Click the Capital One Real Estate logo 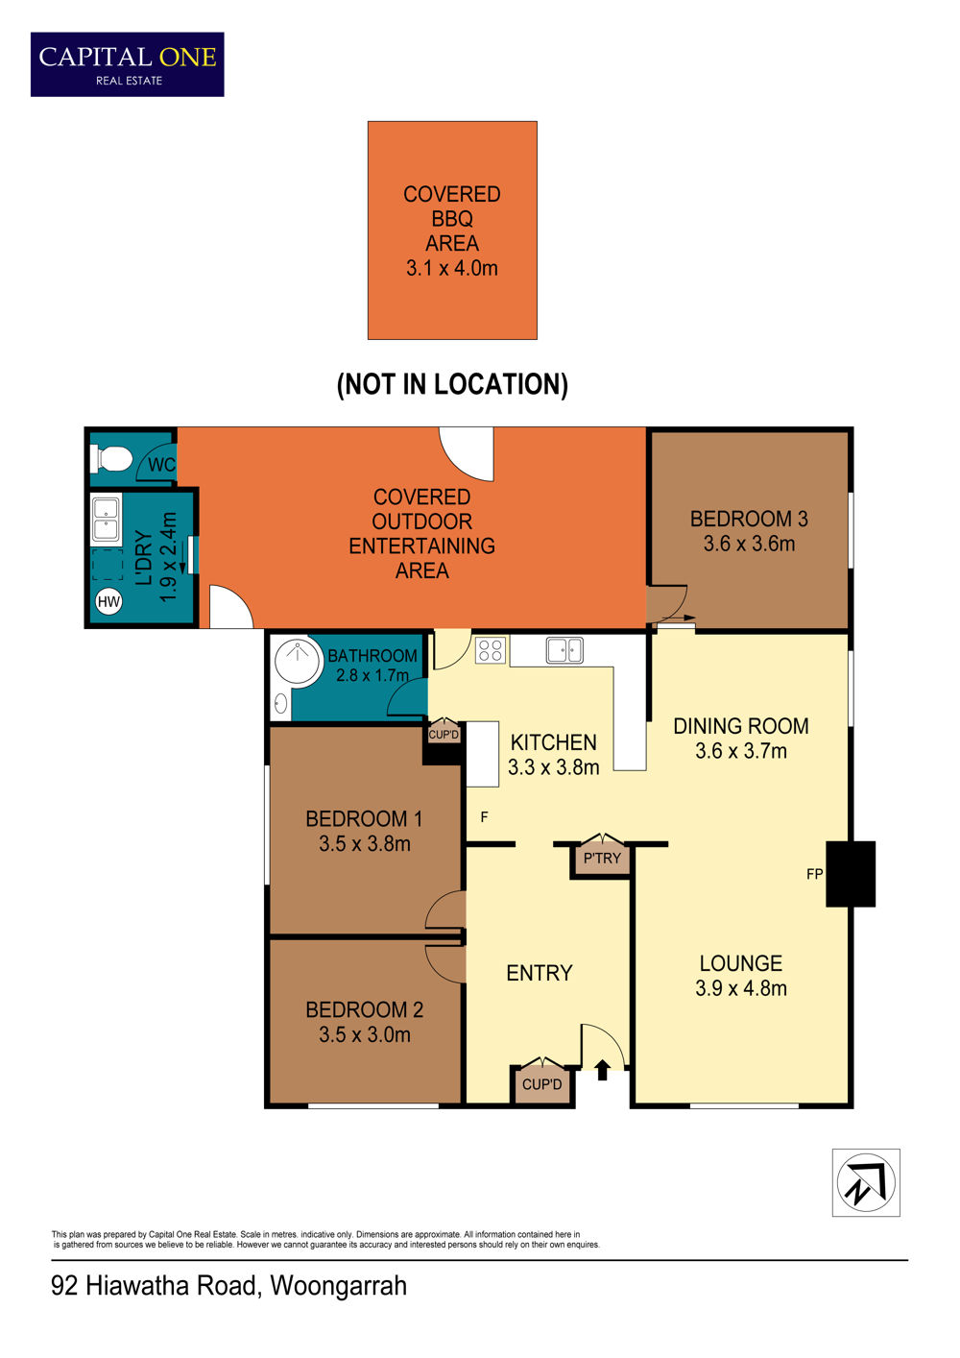click(x=128, y=64)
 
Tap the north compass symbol click(x=866, y=1183)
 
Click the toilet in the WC click(x=110, y=458)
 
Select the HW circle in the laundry click(x=108, y=601)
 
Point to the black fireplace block click(x=851, y=874)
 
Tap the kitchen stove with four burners click(x=490, y=650)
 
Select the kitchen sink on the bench click(x=564, y=650)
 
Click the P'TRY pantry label click(x=602, y=858)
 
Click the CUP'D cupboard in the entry click(x=541, y=1083)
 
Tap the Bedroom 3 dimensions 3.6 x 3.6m click(x=749, y=544)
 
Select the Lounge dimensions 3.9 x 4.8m click(x=740, y=988)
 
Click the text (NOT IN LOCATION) click(x=452, y=384)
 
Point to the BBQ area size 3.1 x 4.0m click(x=451, y=268)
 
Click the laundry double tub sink click(x=106, y=517)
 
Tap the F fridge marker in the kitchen click(x=484, y=817)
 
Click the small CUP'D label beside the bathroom click(x=444, y=735)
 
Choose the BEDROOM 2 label click(x=364, y=1009)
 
